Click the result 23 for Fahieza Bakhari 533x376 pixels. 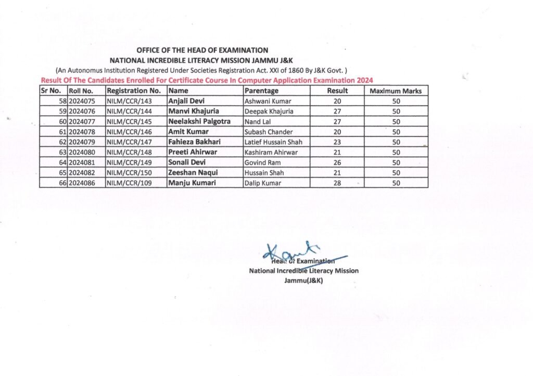point(337,142)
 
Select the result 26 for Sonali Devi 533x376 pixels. point(337,162)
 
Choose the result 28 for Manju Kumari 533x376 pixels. point(337,183)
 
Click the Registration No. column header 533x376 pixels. point(133,91)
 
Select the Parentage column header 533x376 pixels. point(261,91)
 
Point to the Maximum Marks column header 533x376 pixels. point(396,91)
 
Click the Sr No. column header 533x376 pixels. point(51,91)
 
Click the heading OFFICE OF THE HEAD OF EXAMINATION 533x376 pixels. point(202,51)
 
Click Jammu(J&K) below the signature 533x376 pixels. point(304,281)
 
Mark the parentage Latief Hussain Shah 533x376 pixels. point(273,142)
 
